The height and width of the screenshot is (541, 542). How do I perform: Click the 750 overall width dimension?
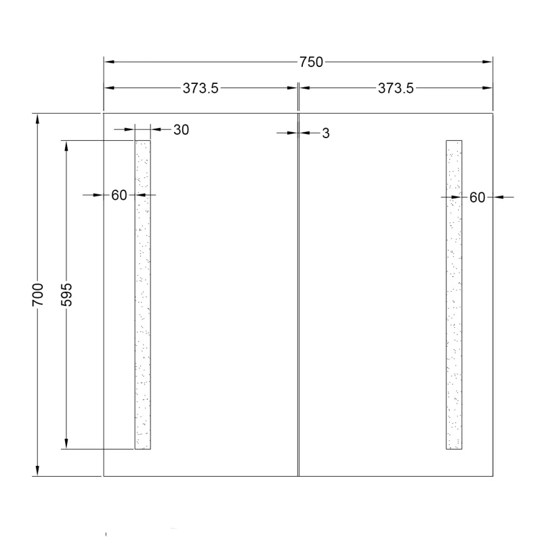[311, 62]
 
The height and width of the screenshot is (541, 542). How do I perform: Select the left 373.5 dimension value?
[201, 88]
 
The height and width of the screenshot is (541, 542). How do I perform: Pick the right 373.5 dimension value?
[396, 88]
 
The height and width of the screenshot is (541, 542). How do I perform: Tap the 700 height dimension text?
[38, 295]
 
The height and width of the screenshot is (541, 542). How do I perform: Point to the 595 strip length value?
[66, 295]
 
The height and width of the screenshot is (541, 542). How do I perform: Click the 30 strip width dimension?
[181, 130]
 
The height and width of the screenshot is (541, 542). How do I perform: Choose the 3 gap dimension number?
[326, 133]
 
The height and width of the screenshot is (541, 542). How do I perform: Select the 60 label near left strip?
[119, 195]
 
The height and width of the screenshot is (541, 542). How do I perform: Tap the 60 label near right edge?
[477, 197]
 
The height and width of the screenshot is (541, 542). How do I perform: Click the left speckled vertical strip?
[143, 295]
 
